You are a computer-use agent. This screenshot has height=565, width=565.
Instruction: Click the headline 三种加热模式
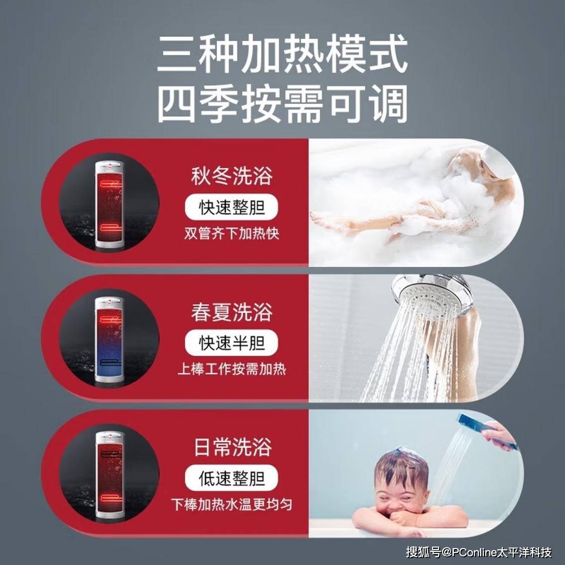click(283, 53)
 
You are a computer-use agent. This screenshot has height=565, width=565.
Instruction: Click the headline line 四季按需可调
click(283, 104)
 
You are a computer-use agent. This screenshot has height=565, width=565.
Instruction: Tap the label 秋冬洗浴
click(231, 176)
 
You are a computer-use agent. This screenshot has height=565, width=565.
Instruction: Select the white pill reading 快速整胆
click(231, 207)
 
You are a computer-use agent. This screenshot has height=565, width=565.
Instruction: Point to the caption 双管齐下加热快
click(231, 233)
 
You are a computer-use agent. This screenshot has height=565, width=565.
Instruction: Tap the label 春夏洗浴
click(231, 312)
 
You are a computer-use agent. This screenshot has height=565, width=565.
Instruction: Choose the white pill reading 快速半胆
click(231, 342)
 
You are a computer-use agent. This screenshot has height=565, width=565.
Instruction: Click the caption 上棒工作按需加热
click(231, 369)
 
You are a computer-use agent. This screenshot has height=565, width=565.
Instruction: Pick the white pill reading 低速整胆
click(231, 478)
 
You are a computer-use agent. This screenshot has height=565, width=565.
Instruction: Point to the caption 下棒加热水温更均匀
click(231, 504)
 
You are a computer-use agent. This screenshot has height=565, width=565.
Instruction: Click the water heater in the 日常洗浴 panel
click(110, 475)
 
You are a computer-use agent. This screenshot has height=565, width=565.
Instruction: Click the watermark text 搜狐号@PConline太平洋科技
click(479, 552)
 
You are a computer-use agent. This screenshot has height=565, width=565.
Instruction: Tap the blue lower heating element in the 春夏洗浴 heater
click(111, 362)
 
